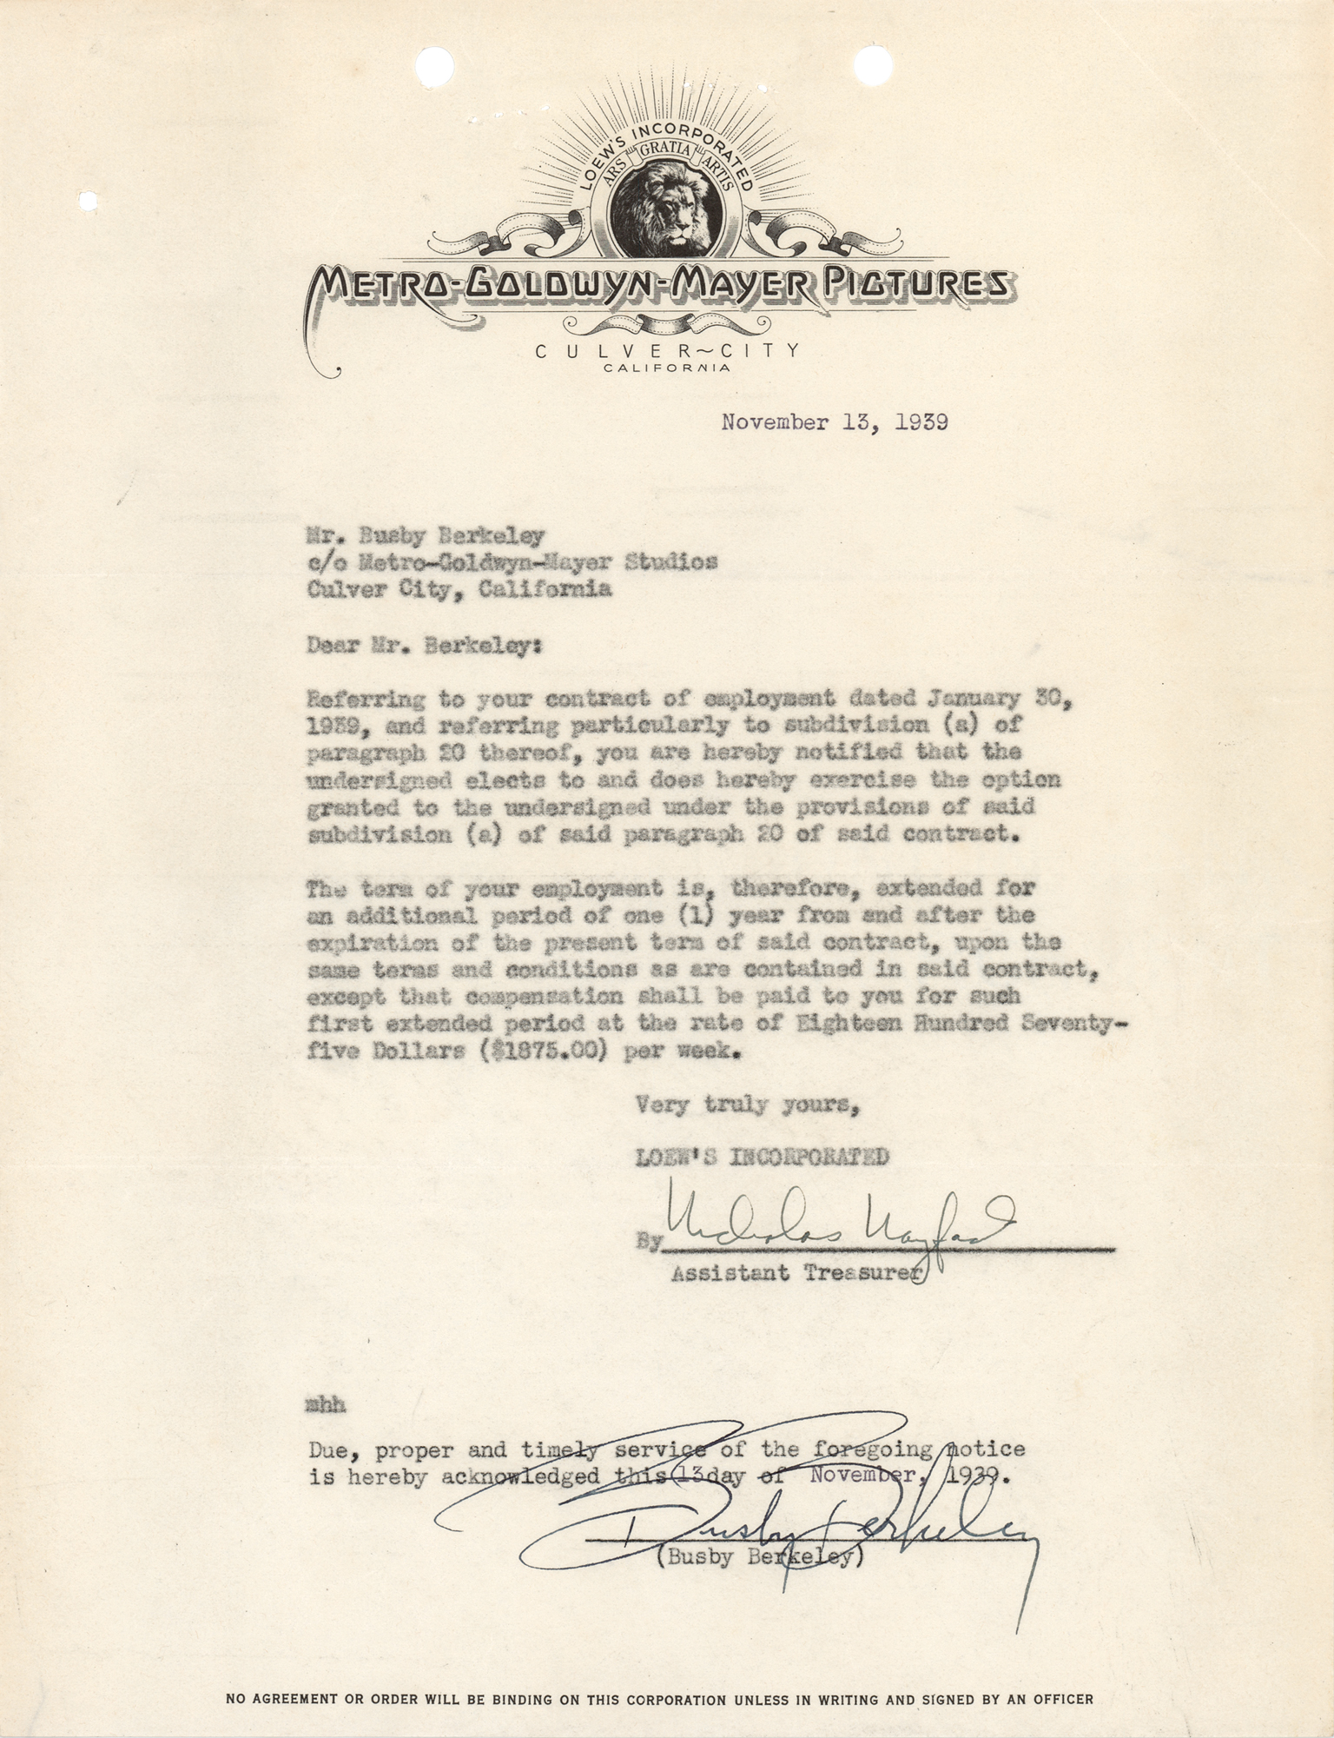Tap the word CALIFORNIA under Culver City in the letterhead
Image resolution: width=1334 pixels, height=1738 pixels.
[666, 368]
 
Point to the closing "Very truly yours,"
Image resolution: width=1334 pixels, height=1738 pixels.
[748, 1105]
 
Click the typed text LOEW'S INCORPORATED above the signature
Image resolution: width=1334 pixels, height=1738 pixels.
[762, 1157]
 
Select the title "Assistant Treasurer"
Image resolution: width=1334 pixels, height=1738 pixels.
[795, 1273]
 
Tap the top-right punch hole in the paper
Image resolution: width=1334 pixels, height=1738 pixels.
[870, 39]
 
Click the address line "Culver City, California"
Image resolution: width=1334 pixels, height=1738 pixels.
[459, 588]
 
